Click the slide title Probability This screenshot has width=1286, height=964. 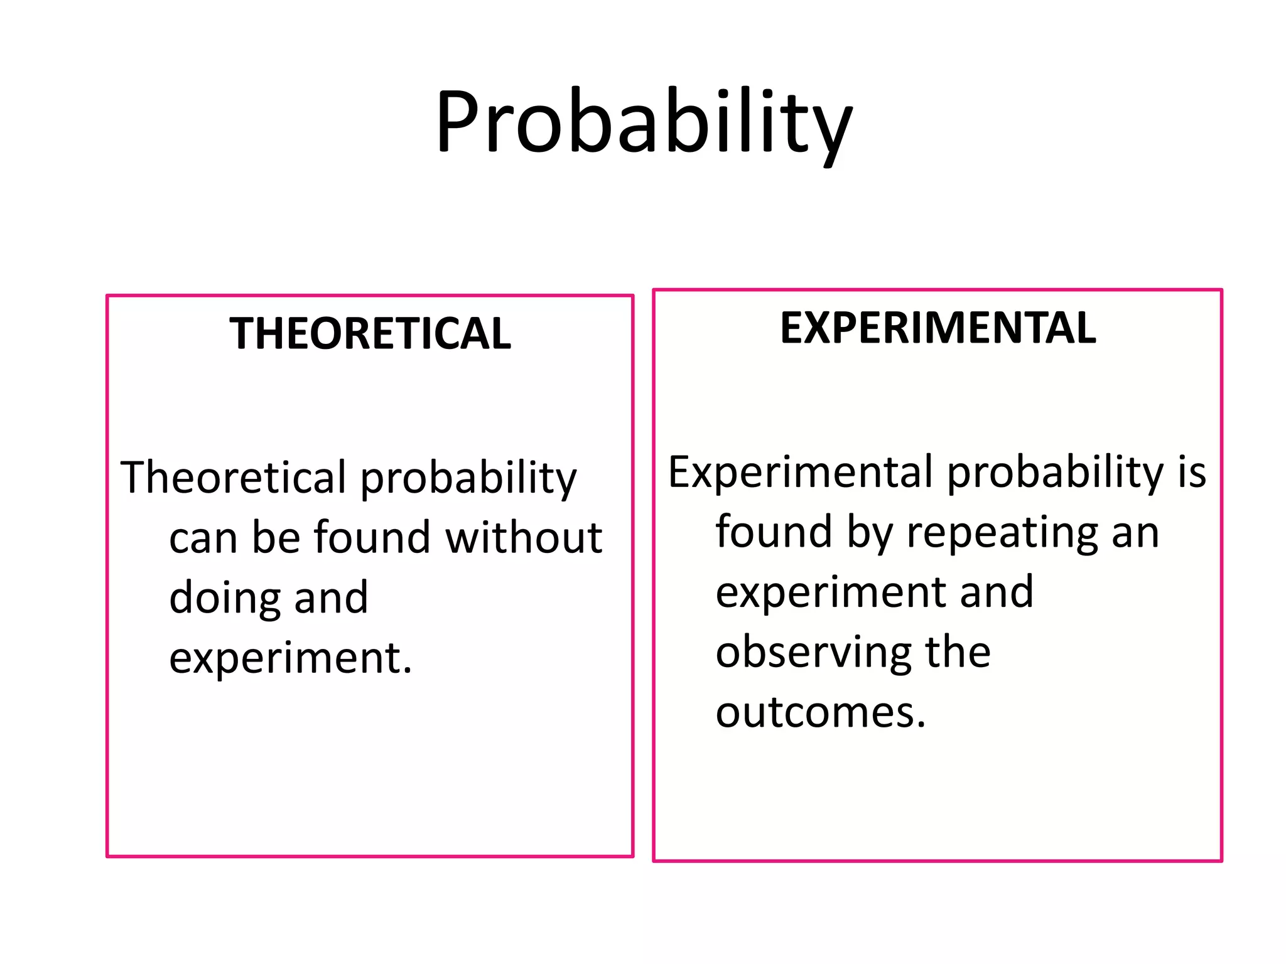pyautogui.click(x=644, y=122)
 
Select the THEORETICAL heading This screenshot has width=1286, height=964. pyautogui.click(x=370, y=333)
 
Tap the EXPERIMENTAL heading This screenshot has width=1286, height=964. pyautogui.click(x=937, y=328)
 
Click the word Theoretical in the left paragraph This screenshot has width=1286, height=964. pyautogui.click(x=233, y=478)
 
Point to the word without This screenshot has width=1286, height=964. pyautogui.click(x=524, y=538)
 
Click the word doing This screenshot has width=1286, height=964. pyautogui.click(x=224, y=597)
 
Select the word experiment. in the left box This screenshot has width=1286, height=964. pyautogui.click(x=290, y=658)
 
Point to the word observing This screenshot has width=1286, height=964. pyautogui.click(x=813, y=653)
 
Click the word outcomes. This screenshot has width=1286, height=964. pyautogui.click(x=820, y=713)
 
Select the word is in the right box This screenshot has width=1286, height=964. pyautogui.click(x=1191, y=473)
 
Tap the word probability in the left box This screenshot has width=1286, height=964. pyautogui.click(x=468, y=478)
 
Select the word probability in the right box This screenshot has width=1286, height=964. pyautogui.click(x=1055, y=473)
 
